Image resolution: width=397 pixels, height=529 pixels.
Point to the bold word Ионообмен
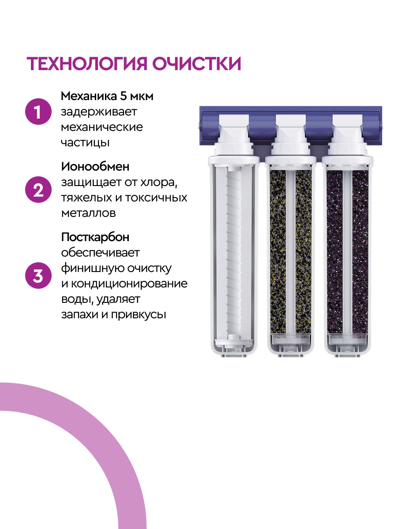(x=96, y=167)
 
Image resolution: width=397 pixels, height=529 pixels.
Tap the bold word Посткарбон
(x=95, y=237)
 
